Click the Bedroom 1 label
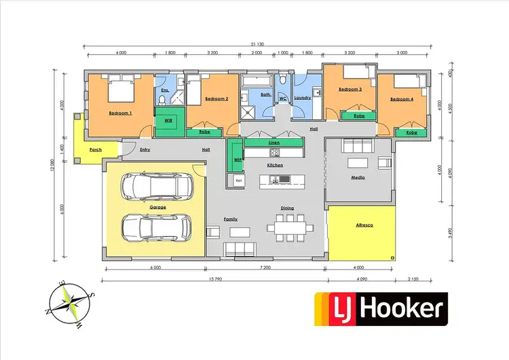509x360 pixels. click(x=120, y=113)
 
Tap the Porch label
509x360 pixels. click(x=96, y=149)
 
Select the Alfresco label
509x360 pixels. click(x=365, y=224)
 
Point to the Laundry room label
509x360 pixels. click(x=302, y=98)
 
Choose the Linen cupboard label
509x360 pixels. click(x=274, y=143)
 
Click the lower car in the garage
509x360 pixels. click(x=155, y=228)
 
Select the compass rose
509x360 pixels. click(x=69, y=304)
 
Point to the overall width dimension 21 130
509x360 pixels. click(x=257, y=46)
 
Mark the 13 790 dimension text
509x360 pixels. click(x=214, y=280)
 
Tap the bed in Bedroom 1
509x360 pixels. click(x=120, y=89)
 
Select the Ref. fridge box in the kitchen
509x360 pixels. click(x=239, y=181)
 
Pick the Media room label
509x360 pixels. click(x=358, y=177)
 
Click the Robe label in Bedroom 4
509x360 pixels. click(x=411, y=133)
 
